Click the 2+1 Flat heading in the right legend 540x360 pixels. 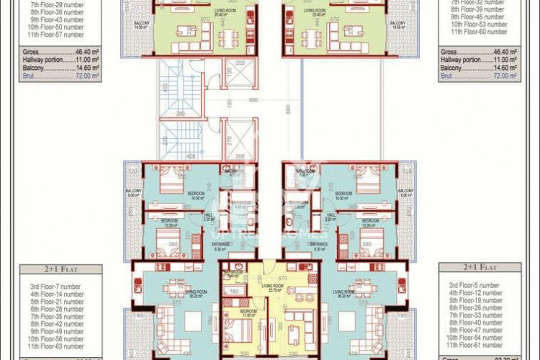pyautogui.click(x=480, y=267)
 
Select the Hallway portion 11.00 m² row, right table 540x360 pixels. pyautogui.click(x=480, y=60)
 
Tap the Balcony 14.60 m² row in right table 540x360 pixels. pyautogui.click(x=480, y=67)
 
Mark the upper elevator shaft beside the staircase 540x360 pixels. pyautogui.click(x=238, y=72)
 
